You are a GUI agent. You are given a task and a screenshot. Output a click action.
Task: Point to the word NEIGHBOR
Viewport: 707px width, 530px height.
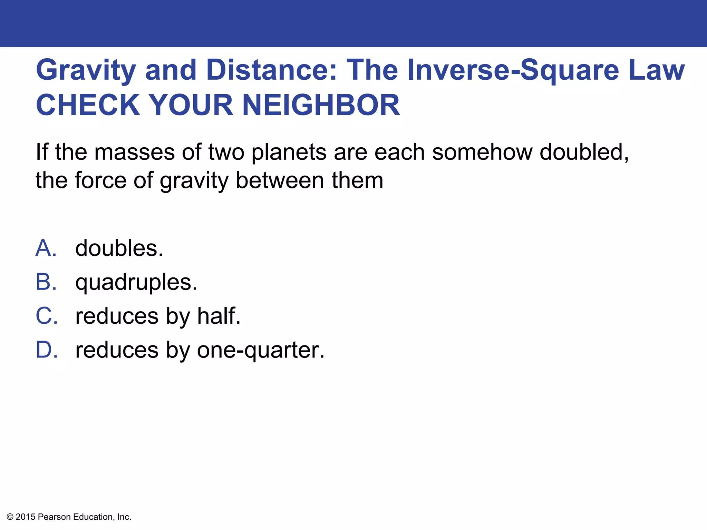click(321, 105)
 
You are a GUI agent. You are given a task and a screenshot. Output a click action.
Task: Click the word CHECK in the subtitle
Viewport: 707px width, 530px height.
click(88, 105)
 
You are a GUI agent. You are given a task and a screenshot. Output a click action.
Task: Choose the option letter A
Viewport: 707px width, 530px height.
click(46, 248)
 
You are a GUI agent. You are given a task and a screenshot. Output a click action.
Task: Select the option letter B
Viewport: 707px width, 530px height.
click(46, 282)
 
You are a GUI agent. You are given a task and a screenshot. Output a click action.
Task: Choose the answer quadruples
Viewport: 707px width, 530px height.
click(136, 283)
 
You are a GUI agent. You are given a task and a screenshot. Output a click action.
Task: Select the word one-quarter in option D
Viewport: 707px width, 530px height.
click(260, 350)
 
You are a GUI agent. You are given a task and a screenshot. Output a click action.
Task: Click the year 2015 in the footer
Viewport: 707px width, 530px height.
click(26, 517)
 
